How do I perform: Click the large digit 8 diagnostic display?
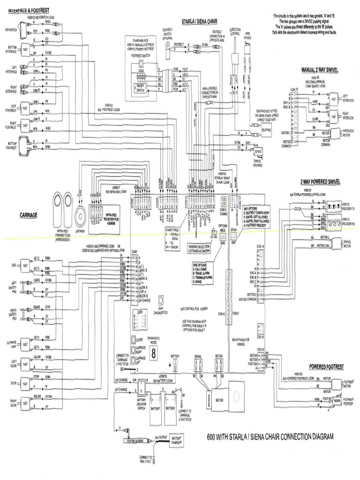[153, 349]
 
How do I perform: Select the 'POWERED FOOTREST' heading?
[326, 366]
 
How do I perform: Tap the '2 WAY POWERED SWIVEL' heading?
[320, 181]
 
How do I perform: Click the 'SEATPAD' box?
[266, 130]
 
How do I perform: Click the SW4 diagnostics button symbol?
[162, 300]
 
